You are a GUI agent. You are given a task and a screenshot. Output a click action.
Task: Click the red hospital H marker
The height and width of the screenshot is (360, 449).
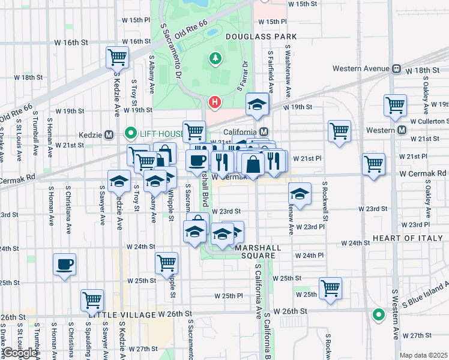214,103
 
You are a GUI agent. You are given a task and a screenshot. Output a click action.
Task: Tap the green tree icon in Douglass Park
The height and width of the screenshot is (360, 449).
214,58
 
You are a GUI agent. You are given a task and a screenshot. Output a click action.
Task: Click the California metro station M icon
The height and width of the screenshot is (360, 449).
264,132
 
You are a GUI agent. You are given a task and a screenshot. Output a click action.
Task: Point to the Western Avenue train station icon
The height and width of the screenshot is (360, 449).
396,69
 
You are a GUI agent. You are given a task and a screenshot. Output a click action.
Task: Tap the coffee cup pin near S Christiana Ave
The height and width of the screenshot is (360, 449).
65,264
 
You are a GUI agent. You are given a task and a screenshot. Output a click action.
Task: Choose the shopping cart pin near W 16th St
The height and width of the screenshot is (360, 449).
118,58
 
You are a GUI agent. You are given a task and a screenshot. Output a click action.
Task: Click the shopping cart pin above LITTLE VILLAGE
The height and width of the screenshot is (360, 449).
92,300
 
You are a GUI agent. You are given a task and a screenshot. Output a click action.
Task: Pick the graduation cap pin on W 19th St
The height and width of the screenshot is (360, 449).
257,105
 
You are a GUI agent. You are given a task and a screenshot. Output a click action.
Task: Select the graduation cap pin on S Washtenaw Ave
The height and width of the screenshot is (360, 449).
299,193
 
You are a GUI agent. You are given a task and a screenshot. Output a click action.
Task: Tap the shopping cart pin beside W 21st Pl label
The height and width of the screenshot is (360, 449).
373,163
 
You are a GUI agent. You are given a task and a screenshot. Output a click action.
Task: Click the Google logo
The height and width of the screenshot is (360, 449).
20,353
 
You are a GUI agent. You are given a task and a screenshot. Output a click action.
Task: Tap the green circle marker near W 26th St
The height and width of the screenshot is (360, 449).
378,314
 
